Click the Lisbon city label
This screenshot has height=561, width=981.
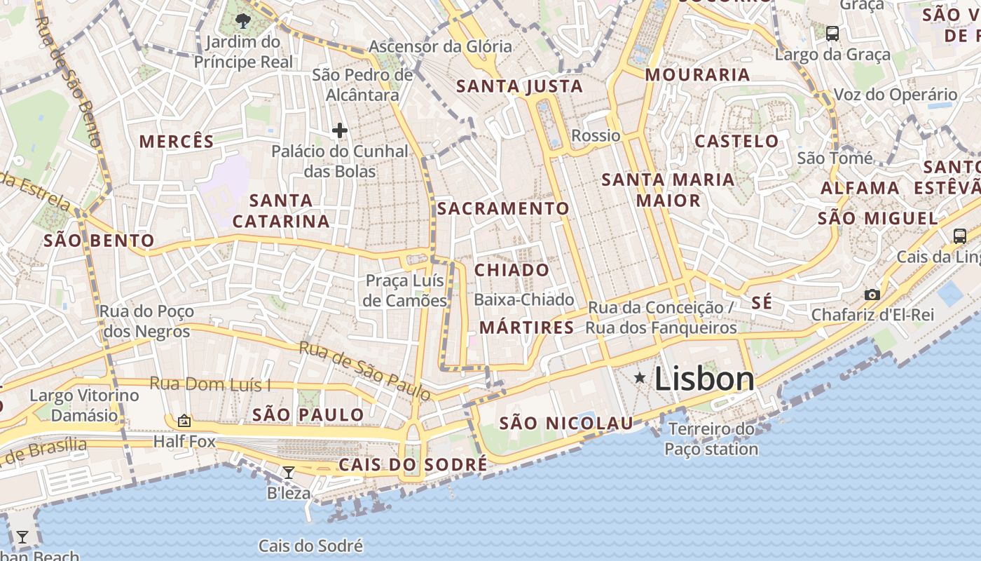[704, 379]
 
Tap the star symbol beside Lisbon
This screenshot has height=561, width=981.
[640, 378]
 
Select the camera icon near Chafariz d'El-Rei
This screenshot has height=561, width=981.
[872, 295]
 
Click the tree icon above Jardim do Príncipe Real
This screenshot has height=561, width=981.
[243, 21]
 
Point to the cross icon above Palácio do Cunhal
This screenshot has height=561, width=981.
[340, 130]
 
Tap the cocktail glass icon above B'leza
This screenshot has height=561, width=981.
[288, 473]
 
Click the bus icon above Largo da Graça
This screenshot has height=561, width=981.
[832, 33]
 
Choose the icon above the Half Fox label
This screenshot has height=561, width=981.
[184, 421]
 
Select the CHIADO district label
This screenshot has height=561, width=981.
[512, 271]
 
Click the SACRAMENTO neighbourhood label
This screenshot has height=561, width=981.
[503, 209]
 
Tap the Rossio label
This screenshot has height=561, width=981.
[596, 135]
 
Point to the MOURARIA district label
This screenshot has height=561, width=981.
[697, 75]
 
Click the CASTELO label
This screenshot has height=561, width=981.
[736, 141]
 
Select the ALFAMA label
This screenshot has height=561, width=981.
[860, 188]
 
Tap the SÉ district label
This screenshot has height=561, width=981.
[762, 303]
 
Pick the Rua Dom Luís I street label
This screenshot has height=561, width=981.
[210, 385]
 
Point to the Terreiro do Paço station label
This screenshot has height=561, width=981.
[711, 439]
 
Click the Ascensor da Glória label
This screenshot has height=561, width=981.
[440, 47]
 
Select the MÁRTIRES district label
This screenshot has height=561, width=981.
[527, 327]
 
